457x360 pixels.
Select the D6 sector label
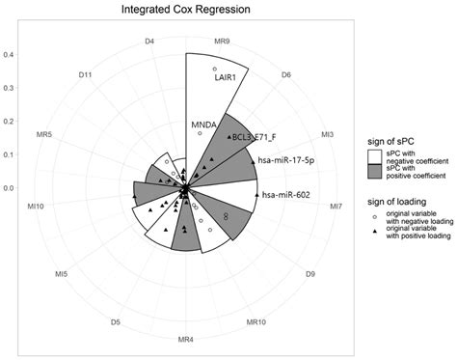(x=286, y=74)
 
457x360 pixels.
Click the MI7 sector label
(x=335, y=207)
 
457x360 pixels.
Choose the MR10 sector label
(x=256, y=321)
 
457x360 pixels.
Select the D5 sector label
(x=115, y=321)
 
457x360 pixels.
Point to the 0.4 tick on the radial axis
(x=8, y=54)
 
